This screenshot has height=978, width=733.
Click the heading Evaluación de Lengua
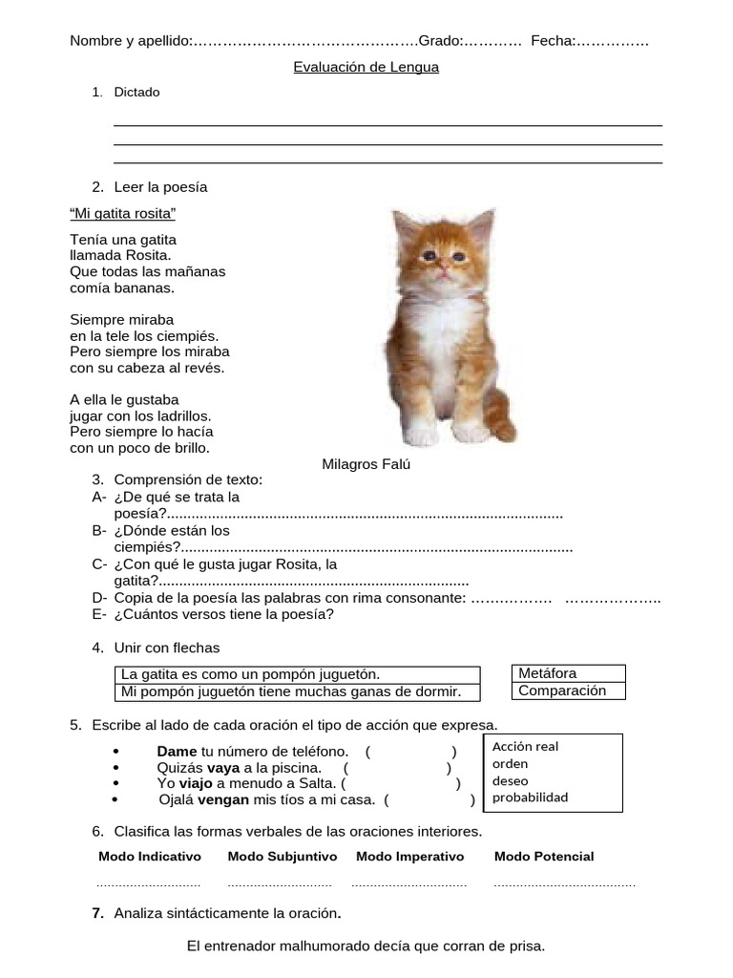[x=366, y=68]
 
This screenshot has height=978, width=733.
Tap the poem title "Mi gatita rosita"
[x=123, y=212]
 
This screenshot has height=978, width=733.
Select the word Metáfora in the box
[x=547, y=673]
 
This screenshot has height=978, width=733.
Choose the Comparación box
[x=562, y=691]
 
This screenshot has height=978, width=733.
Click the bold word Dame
[x=176, y=751]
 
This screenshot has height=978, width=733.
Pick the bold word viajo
[x=196, y=783]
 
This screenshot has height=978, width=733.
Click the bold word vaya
[x=223, y=767]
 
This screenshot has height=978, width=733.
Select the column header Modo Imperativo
[x=409, y=857]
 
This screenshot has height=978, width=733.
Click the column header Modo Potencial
[x=543, y=857]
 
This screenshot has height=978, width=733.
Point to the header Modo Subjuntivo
[x=280, y=857]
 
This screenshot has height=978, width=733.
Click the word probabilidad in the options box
[x=530, y=797]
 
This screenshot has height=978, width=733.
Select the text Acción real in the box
[x=526, y=746]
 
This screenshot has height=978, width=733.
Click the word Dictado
[x=137, y=93]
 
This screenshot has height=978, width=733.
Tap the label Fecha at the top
[x=553, y=41]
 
